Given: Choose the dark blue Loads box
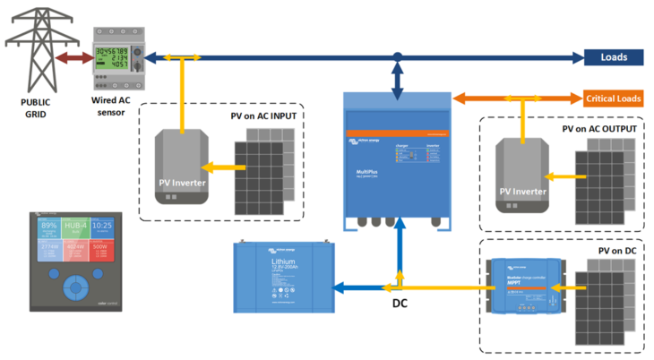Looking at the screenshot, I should pos(614,58).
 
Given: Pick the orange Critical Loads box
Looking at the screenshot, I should pos(613,98).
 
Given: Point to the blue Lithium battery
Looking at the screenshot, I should pos(281,276).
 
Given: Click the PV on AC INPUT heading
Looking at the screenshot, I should pos(267,117).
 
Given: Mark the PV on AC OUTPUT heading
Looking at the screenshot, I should pos(598,129).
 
